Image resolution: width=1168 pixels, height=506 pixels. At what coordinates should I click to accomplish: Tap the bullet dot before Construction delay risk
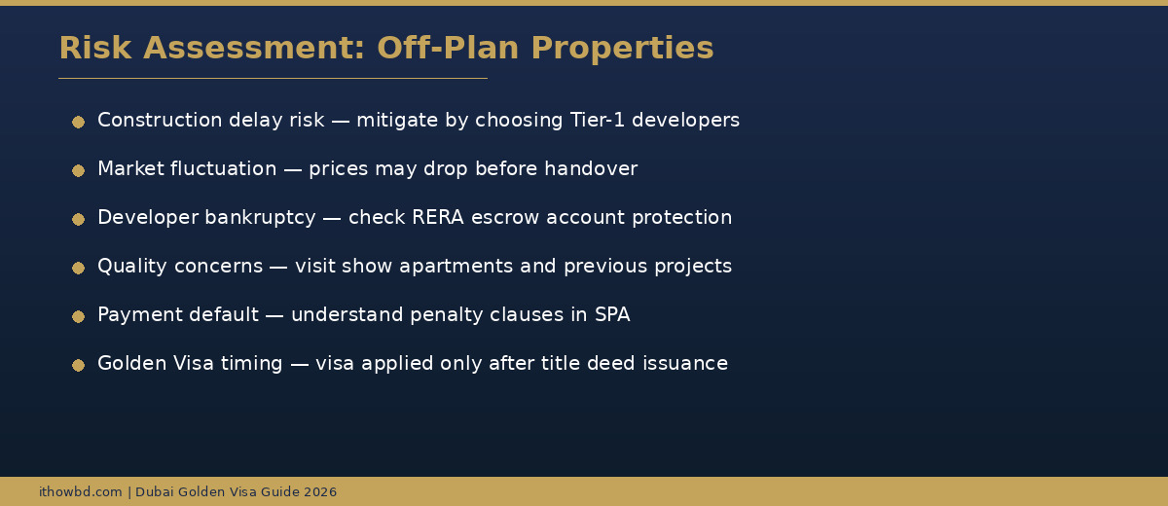coord(78,122)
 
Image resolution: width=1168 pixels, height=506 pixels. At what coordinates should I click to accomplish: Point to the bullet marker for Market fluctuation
coord(78,170)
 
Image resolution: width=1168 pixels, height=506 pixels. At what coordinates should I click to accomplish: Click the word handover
coord(591,169)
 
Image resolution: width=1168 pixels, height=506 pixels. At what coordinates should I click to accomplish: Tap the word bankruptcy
coord(260,218)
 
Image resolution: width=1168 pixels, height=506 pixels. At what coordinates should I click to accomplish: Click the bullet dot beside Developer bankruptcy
coord(78,219)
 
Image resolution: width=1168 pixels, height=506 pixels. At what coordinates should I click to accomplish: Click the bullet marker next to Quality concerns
coord(78,268)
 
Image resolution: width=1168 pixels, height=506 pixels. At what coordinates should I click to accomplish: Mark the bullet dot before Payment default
coord(78,316)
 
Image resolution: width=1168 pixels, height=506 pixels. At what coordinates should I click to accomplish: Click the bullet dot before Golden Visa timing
coord(78,365)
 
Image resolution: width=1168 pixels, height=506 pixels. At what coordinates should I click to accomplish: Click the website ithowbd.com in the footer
coord(81,492)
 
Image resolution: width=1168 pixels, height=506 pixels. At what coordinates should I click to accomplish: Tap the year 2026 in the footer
coord(320,492)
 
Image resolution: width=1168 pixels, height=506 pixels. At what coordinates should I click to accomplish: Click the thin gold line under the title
coord(273,78)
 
